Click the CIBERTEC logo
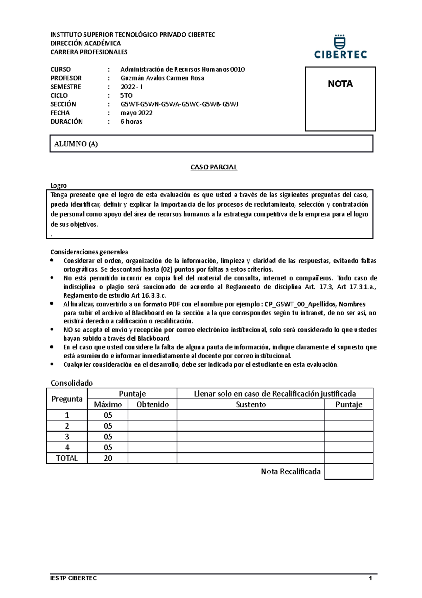[x=340, y=47]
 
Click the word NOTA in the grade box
[x=340, y=84]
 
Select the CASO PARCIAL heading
[x=214, y=167]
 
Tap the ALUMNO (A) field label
[x=76, y=144]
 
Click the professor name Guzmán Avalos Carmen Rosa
[x=162, y=78]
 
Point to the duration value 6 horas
[x=131, y=122]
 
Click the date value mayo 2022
[x=136, y=113]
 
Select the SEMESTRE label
[x=66, y=87]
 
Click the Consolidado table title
[x=72, y=383]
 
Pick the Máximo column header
[x=108, y=404]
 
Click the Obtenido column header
[x=152, y=404]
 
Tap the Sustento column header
[x=251, y=404]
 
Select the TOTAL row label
[x=67, y=458]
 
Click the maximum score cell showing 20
[x=108, y=458]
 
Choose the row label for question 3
[x=67, y=437]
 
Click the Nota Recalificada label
[x=290, y=472]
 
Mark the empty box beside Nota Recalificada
[x=349, y=472]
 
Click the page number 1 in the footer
[x=370, y=578]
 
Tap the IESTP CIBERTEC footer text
[x=73, y=578]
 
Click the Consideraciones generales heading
[x=89, y=252]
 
